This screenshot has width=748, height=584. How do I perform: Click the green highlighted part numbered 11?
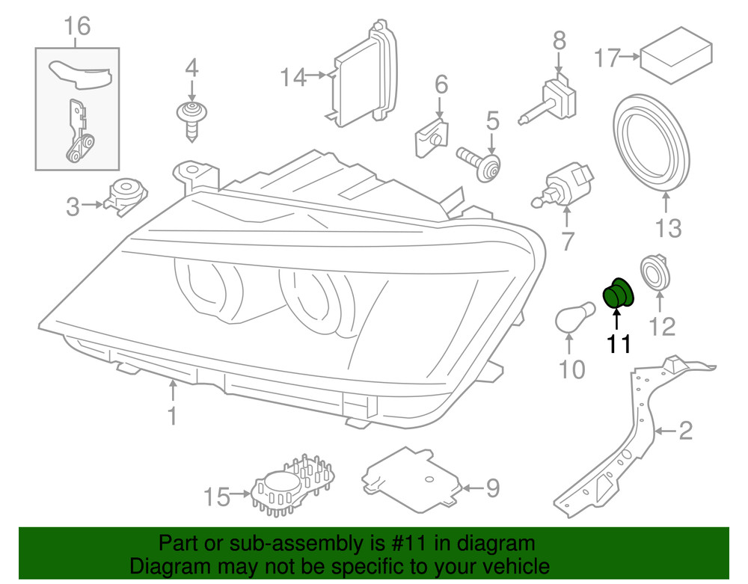click(x=619, y=292)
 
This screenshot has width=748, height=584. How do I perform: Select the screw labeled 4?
click(x=191, y=119)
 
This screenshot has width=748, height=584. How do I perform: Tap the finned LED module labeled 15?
click(x=294, y=487)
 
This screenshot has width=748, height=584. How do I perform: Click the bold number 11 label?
click(x=619, y=345)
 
